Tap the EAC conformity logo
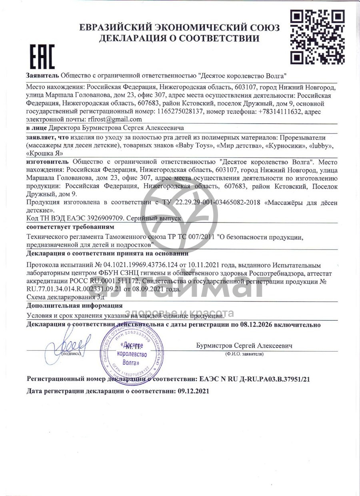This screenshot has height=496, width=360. (x=42, y=57)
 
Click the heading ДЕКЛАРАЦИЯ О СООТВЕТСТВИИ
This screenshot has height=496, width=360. (x=180, y=39)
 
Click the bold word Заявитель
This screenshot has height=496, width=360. (x=43, y=75)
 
